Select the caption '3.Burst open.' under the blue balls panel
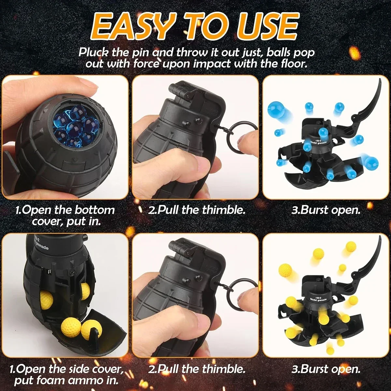(326, 210)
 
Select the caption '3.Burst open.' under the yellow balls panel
(326, 369)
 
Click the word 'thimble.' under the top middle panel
(223, 210)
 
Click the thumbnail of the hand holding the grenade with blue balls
(65, 137)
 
